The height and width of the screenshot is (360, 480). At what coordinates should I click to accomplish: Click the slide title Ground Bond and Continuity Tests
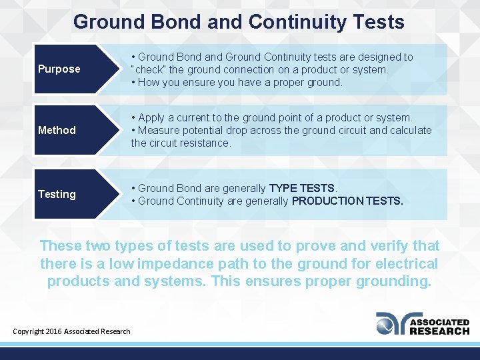(x=239, y=22)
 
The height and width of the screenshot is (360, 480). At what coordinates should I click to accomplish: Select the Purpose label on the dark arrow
(x=59, y=69)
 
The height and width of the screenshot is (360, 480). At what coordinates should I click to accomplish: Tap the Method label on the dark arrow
(x=57, y=130)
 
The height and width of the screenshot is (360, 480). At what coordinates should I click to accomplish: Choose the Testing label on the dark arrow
(x=57, y=194)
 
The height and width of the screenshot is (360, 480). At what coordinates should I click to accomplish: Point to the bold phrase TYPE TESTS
(x=302, y=188)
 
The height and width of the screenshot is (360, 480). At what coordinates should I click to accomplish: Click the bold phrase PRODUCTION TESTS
(x=347, y=201)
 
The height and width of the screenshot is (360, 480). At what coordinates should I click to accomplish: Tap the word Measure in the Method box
(x=158, y=130)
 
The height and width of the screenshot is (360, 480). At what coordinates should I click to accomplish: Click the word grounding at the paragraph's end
(x=396, y=281)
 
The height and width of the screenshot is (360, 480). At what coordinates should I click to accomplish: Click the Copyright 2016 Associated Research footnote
(x=72, y=331)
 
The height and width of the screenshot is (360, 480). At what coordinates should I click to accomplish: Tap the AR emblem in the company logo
(x=390, y=323)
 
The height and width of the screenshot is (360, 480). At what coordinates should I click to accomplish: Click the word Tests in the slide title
(x=376, y=22)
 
